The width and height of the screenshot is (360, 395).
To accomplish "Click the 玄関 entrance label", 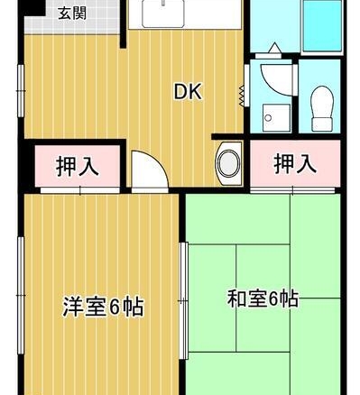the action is tap(72, 14).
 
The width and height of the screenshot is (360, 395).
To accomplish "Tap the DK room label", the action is tap(189, 92).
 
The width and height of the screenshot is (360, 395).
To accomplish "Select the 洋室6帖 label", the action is tap(103, 307).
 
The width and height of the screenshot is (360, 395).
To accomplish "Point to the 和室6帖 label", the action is tap(263, 299).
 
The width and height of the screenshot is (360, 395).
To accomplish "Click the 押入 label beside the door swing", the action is tap(78, 166).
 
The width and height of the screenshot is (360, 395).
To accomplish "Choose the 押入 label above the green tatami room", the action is tap(295, 164).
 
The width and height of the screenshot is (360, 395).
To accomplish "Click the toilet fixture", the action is tap(322, 108).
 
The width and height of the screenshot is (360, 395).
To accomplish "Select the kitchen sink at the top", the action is tap(162, 14).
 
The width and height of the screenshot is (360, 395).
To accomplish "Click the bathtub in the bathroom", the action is tap(322, 26).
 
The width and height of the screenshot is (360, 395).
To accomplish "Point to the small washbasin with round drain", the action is tap(277, 117).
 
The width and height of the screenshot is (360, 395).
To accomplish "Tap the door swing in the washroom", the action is tap(276, 79).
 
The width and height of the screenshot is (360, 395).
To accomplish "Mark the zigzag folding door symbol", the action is tap(241, 96).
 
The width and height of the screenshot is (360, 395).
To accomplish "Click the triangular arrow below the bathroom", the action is tap(275, 48).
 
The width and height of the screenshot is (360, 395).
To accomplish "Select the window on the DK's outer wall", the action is tap(21, 90).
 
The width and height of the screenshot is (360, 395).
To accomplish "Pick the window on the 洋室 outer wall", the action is tap(21, 296).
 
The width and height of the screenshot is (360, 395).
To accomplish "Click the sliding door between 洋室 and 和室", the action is tap(183, 300).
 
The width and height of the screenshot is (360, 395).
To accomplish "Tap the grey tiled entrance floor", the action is tap(72, 17).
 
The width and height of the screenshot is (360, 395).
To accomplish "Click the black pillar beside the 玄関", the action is tap(33, 8).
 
